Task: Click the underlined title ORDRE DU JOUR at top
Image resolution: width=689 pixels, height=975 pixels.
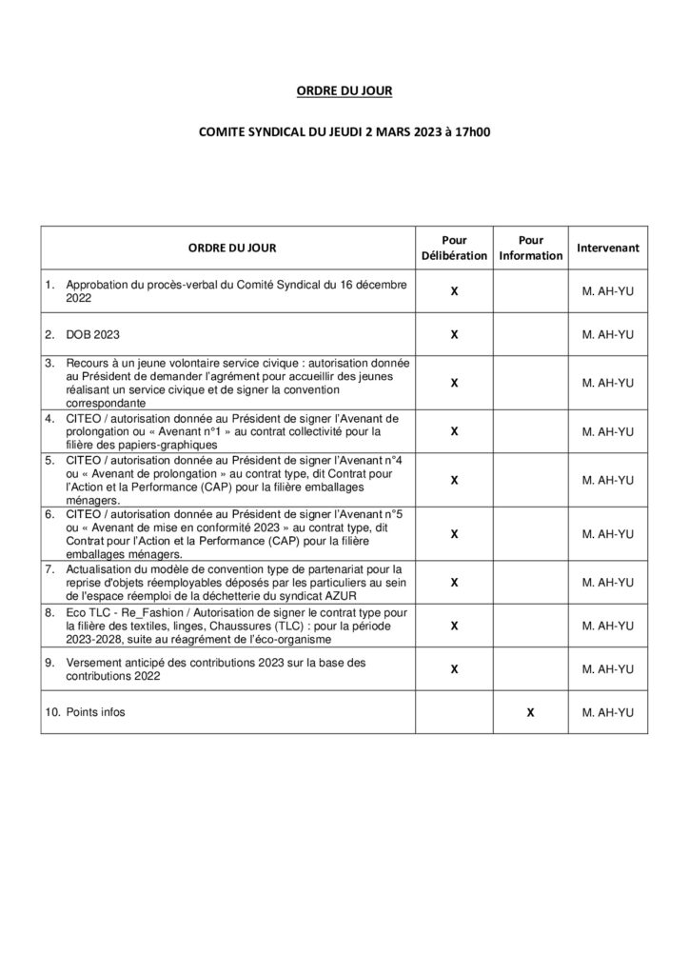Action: pyautogui.click(x=344, y=91)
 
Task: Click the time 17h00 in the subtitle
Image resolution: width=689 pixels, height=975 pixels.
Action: pyautogui.click(x=471, y=134)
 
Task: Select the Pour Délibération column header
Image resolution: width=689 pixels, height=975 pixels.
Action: pyautogui.click(x=454, y=248)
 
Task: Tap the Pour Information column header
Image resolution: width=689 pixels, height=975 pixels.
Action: pyautogui.click(x=530, y=248)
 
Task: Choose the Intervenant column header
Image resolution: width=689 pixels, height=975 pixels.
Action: pyautogui.click(x=607, y=248)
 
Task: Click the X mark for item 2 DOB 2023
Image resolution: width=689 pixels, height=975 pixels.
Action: pyautogui.click(x=454, y=335)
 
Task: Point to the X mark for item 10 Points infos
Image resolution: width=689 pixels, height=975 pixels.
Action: pyautogui.click(x=530, y=712)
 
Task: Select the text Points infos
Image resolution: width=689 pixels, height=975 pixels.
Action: pyautogui.click(x=95, y=712)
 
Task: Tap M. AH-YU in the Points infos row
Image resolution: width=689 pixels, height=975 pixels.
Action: pyautogui.click(x=607, y=712)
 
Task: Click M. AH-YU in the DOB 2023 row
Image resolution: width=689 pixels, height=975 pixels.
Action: pyautogui.click(x=607, y=335)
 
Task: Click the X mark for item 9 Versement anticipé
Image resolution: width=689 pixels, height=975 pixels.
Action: pyautogui.click(x=454, y=669)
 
